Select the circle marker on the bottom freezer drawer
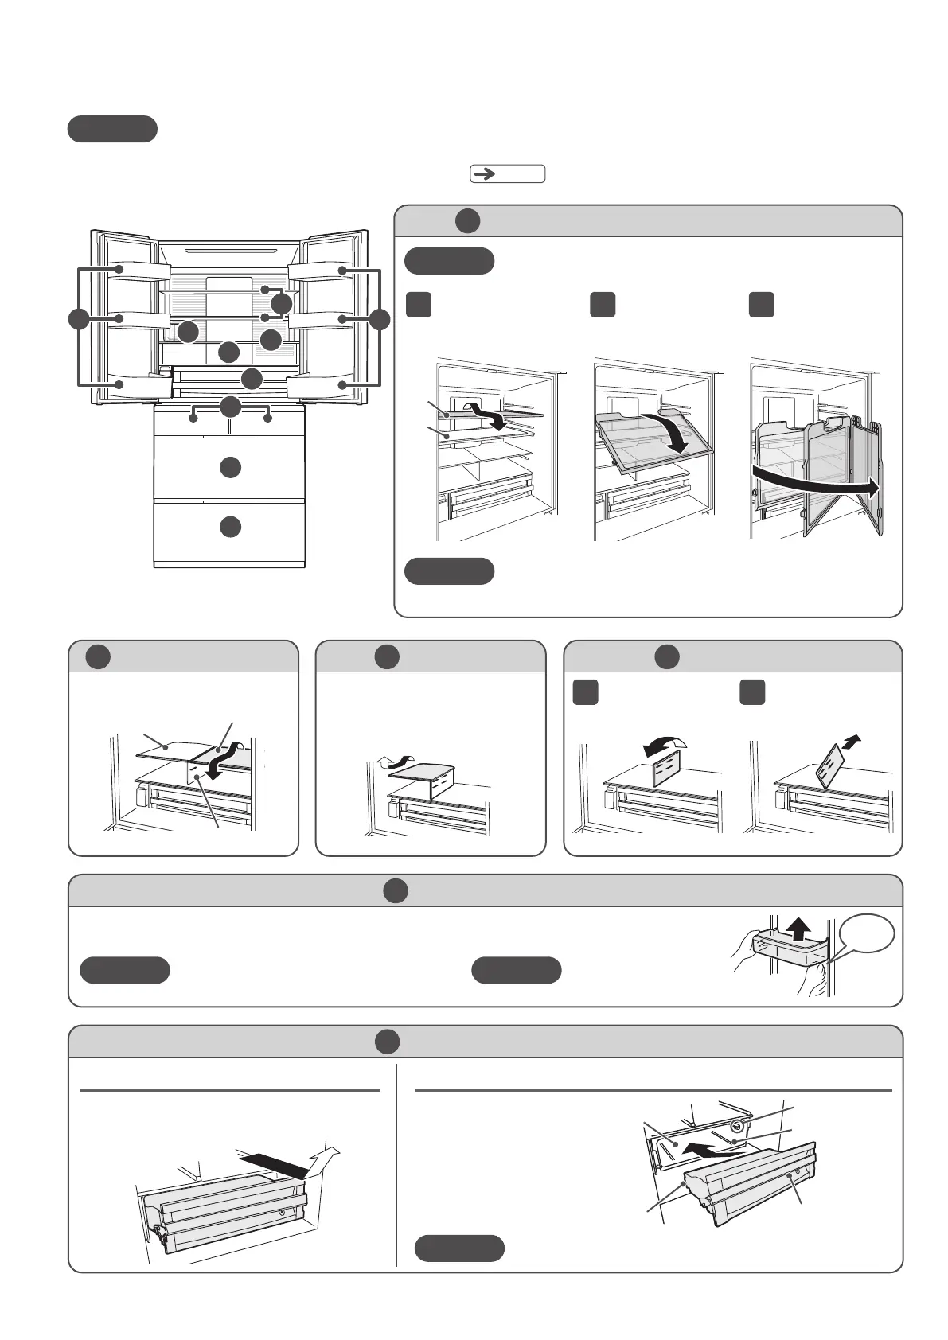230,527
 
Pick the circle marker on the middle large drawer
230,467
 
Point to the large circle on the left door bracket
78,319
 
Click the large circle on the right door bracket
380,319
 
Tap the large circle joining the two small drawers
230,407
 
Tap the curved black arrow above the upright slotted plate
664,746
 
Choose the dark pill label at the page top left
111,129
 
